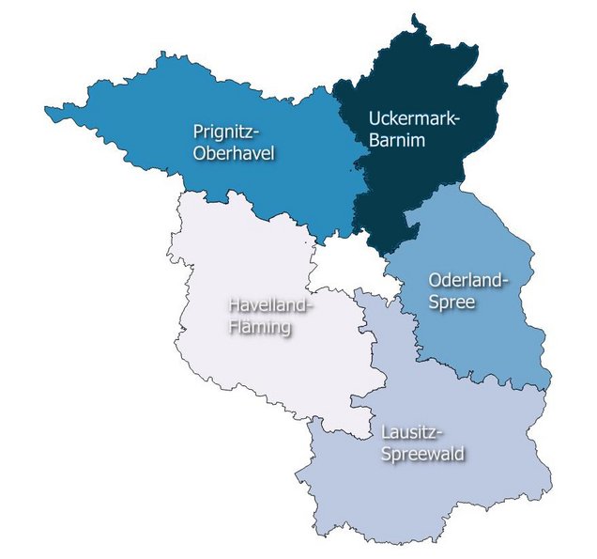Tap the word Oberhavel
point(234,152)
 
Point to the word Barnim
point(398,142)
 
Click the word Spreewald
point(422,454)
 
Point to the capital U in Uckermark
point(374,120)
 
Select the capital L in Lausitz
point(387,432)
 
